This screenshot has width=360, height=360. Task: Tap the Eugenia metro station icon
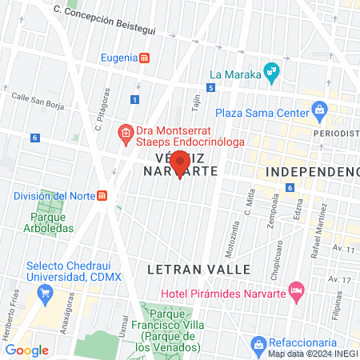pos(144,58)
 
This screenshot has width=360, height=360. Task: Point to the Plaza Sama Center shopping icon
pos(320,109)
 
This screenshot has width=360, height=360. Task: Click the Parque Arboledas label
pos(52,222)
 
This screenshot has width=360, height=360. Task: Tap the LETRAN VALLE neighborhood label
pos(199,269)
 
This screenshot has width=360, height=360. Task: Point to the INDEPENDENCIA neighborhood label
pos(312,172)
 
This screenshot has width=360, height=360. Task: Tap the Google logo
pos(26,350)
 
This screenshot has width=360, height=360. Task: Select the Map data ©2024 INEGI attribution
pos(313,354)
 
